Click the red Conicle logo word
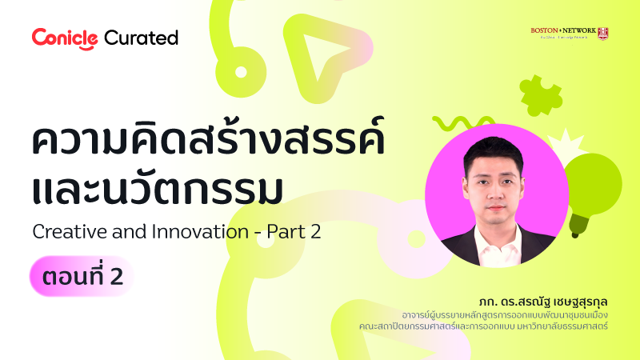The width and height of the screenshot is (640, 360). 65,38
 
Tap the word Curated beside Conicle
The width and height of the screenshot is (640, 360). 141,38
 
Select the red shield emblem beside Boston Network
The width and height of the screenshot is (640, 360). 603,32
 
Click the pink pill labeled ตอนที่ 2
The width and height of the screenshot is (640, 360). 81,277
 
